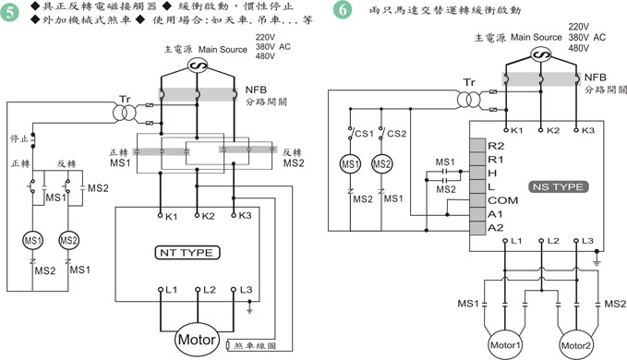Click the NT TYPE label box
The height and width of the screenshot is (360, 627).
pos(187,253)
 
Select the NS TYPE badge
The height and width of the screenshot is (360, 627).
pos(559,187)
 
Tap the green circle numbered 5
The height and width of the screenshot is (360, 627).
pos(10,12)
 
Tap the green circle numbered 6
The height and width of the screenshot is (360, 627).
pos(343,9)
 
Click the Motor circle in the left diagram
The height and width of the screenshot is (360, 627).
pos(197,340)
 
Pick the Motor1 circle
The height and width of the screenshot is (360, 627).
pos(505,345)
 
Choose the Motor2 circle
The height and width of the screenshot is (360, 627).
pos(576,345)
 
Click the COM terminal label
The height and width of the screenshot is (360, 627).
pos(502,200)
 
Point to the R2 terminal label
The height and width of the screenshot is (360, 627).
pos(496,146)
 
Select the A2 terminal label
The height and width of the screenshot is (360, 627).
pos(496,228)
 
